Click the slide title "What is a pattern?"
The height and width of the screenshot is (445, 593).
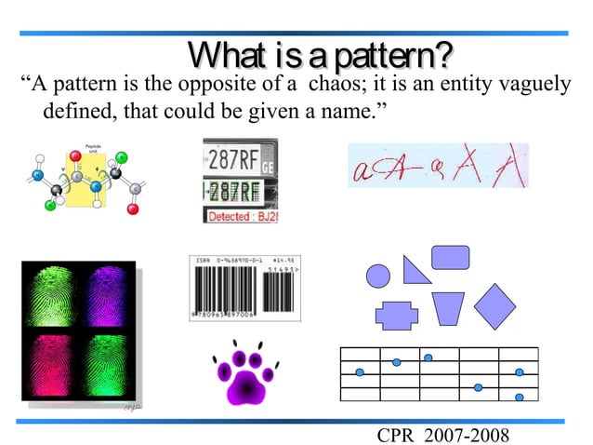point(321,56)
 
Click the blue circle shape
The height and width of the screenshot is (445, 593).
point(378,276)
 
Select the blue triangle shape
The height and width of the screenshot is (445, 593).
point(415,269)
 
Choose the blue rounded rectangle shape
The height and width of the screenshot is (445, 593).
point(450,257)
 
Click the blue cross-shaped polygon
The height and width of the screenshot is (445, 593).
point(397,315)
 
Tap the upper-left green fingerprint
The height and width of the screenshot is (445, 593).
point(50,296)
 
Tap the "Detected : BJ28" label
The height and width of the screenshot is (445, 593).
point(241,216)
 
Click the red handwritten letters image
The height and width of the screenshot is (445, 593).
point(437,166)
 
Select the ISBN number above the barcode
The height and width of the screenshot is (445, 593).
point(227,260)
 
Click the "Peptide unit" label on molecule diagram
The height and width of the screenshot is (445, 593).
point(93,147)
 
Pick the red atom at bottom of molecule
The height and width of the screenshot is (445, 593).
point(133,209)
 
